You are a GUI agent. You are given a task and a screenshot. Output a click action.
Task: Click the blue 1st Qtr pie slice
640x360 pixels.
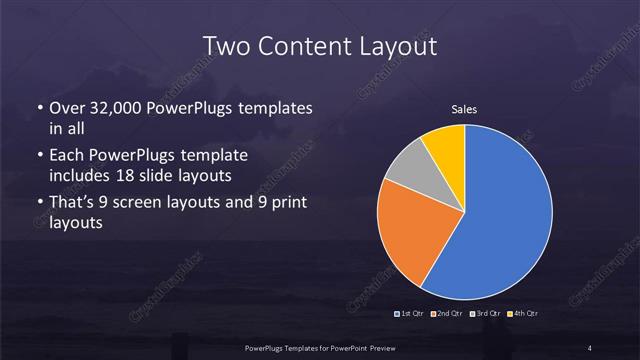click(x=500, y=220)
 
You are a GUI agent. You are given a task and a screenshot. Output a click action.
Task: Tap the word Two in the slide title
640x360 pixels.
click(x=226, y=46)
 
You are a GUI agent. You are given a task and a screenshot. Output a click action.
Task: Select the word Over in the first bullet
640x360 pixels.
click(x=66, y=108)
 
